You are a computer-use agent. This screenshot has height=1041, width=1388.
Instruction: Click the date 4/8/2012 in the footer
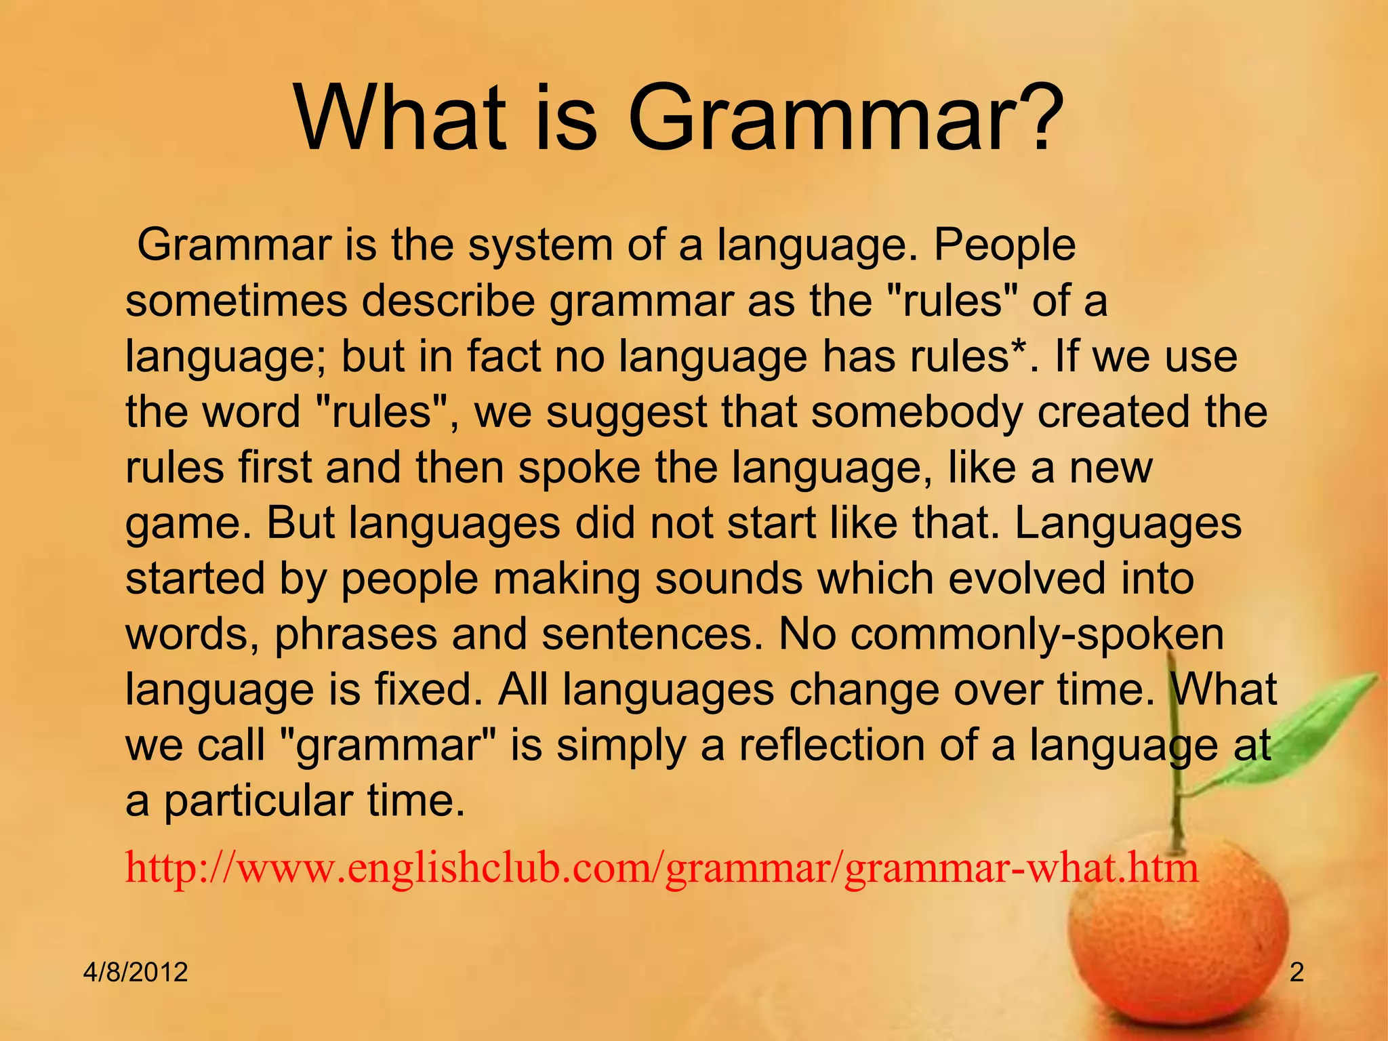(136, 973)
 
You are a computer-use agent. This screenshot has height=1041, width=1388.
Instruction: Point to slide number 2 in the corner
(1296, 973)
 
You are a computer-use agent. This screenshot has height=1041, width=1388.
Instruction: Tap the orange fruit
(1179, 949)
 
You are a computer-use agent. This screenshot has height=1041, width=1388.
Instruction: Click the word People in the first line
(1004, 245)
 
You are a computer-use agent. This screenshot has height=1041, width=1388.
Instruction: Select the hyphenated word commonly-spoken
(1002, 636)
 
